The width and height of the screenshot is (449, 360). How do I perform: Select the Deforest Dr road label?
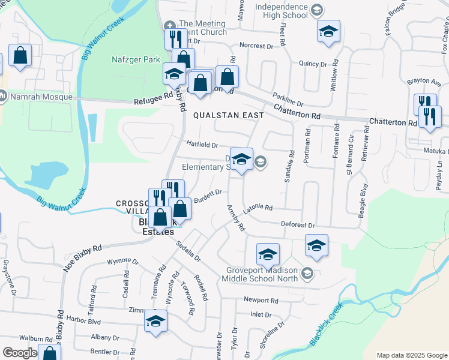pyautogui.click(x=298, y=224)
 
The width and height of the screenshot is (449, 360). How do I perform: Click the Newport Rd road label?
pyautogui.click(x=261, y=300)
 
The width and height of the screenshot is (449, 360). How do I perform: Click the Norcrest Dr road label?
pyautogui.click(x=256, y=46)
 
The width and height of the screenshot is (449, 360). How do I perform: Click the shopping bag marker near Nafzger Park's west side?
pyautogui.click(x=20, y=56)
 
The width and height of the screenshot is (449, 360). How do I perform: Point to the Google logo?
pyautogui.click(x=20, y=352)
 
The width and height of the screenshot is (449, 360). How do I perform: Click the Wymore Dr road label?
pyautogui.click(x=122, y=262)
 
